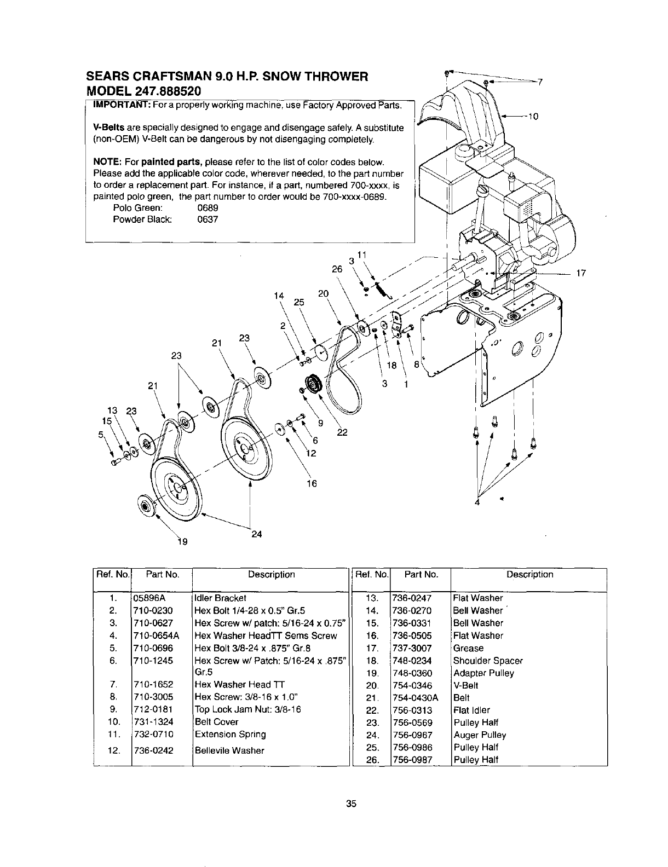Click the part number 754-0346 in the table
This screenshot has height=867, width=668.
tap(412, 685)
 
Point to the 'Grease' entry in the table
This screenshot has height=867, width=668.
tap(468, 648)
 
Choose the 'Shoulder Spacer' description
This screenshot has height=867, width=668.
tap(488, 661)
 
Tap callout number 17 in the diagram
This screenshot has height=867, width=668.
tap(581, 274)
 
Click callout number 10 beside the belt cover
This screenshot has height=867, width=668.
tap(534, 117)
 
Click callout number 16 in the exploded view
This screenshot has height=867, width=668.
tap(312, 483)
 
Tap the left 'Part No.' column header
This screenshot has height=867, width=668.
tap(162, 575)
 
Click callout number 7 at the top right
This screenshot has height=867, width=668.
tap(539, 83)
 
